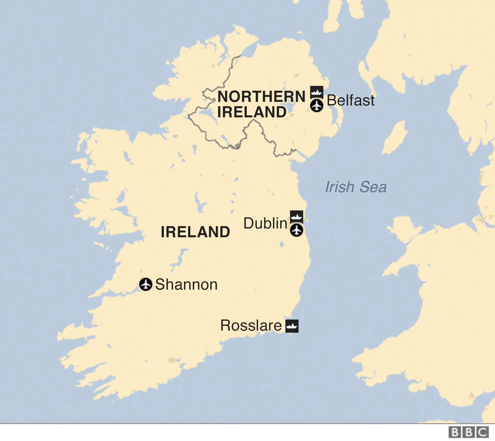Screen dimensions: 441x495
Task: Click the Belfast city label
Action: [x=350, y=100]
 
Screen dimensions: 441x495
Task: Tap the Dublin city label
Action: [x=265, y=223]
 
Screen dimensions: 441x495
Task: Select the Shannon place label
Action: [x=186, y=284]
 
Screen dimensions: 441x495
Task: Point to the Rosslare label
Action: [x=251, y=325]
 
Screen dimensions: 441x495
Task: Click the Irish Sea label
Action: [x=356, y=187]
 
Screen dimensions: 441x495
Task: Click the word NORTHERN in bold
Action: [x=261, y=96]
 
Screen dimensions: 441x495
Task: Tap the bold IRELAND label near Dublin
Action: [x=195, y=232]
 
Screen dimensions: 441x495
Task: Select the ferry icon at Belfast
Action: [x=317, y=92]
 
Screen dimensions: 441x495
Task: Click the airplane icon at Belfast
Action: [x=317, y=106]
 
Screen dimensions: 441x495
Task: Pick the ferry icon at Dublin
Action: [x=296, y=217]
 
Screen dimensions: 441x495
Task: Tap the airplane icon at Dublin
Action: [x=296, y=230]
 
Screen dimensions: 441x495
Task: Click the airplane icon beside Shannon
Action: [x=146, y=284]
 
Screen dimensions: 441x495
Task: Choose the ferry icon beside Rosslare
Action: [x=292, y=326]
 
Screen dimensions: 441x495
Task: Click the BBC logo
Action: [x=468, y=432]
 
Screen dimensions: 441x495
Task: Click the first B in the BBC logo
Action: [x=455, y=432]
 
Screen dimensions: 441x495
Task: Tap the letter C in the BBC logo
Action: [x=482, y=432]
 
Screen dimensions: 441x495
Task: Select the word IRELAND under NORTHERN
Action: [x=252, y=112]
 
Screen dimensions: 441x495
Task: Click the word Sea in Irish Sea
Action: [x=373, y=187]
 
